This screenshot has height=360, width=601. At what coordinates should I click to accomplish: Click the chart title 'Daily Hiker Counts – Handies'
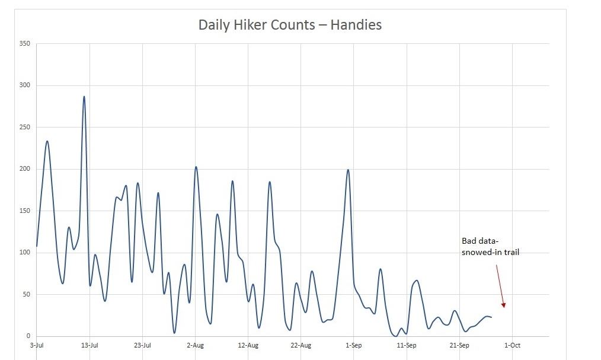coord(290,25)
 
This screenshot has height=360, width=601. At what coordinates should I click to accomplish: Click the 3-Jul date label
coord(37,345)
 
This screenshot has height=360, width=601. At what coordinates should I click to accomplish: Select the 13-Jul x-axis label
coord(89,345)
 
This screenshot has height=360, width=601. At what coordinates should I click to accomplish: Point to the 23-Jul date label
coord(142,345)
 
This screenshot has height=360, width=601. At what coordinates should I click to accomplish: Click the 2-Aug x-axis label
coord(195,345)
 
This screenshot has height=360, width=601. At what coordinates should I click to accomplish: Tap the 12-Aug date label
coord(248,345)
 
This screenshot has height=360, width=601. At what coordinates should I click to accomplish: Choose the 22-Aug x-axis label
coord(301,345)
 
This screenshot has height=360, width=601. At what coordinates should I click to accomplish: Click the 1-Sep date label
coord(354,345)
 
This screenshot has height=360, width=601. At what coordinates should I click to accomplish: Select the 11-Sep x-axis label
coord(407,345)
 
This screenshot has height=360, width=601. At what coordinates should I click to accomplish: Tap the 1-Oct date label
coord(512,345)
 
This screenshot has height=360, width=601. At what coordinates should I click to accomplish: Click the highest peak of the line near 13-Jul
coord(84,97)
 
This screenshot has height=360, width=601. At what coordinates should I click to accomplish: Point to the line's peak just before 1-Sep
coord(348,170)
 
